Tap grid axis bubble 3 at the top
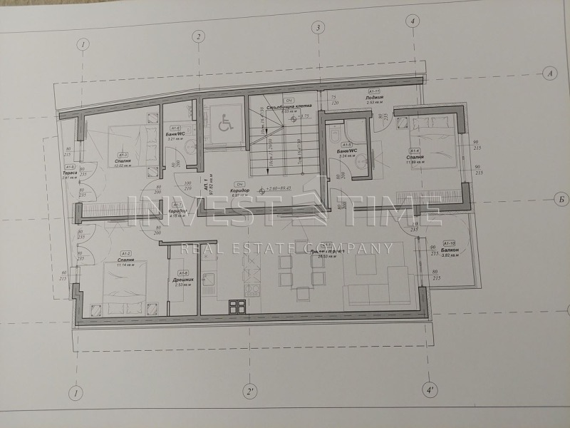[x=316, y=28]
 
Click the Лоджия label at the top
[x=375, y=97]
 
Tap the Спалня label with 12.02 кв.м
[x=123, y=162]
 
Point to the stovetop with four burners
[x=235, y=307]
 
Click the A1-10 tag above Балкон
[x=449, y=243]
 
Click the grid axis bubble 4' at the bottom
[x=430, y=391]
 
